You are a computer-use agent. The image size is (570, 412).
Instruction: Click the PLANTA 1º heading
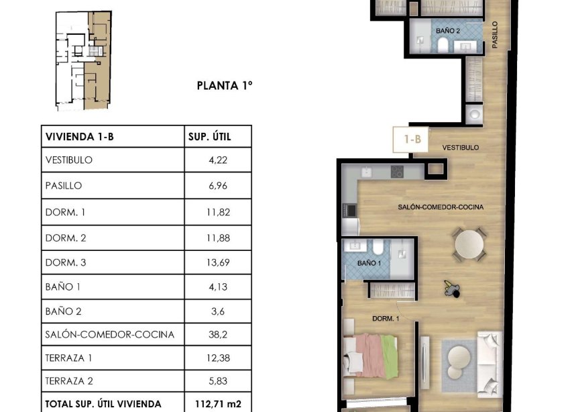tap(223, 85)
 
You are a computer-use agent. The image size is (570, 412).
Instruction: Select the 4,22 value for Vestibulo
tap(218, 160)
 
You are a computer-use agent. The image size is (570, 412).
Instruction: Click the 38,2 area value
tap(218, 334)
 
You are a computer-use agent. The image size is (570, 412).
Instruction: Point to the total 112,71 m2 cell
tap(218, 403)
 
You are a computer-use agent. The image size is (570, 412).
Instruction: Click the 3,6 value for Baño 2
tap(218, 311)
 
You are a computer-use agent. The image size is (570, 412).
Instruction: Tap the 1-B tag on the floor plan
tap(412, 140)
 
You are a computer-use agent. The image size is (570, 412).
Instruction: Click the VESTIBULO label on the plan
tap(460, 147)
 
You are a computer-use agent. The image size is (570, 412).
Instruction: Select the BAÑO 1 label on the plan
tap(369, 263)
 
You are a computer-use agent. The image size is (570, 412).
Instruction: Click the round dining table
tap(469, 244)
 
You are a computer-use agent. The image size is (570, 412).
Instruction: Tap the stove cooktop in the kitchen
tap(396, 172)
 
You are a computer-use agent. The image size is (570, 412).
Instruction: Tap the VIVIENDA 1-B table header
tap(79, 137)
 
